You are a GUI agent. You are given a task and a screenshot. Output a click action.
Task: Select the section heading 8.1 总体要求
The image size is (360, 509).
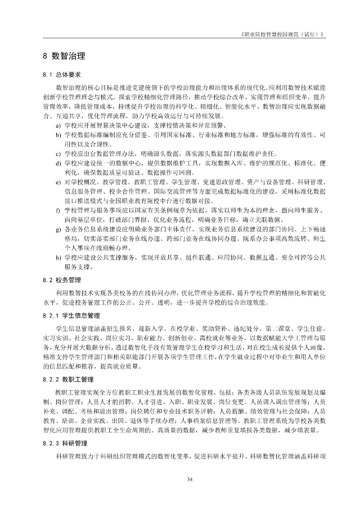(x=62, y=75)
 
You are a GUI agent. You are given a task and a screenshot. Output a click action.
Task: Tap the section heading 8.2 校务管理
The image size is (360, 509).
(x=62, y=280)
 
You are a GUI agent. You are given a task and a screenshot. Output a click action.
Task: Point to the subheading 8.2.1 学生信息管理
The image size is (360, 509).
(x=68, y=315)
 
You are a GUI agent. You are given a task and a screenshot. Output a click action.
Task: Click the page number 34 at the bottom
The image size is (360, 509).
(x=190, y=478)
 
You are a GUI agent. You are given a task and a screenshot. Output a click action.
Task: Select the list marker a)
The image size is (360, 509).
(x=58, y=125)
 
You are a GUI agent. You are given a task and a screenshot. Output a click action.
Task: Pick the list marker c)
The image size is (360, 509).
(x=58, y=154)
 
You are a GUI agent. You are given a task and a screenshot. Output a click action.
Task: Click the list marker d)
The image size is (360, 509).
(x=58, y=164)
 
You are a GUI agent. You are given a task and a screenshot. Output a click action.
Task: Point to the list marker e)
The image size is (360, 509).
(x=58, y=183)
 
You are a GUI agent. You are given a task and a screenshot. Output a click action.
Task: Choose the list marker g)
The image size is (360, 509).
(x=58, y=230)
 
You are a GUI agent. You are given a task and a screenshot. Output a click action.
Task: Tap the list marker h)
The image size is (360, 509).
(x=58, y=258)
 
